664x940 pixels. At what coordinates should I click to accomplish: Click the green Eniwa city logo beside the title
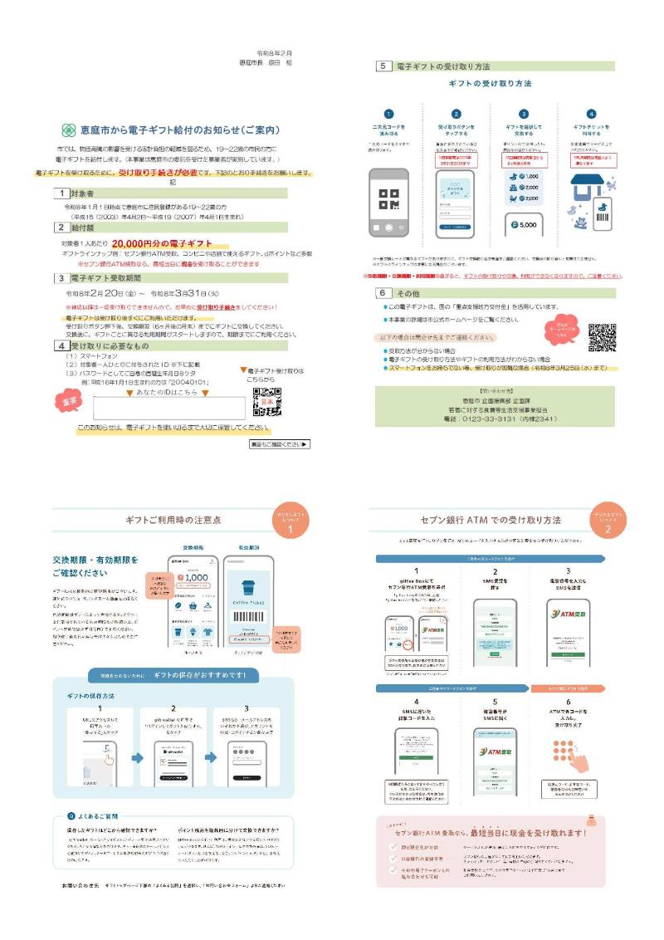pos(69,130)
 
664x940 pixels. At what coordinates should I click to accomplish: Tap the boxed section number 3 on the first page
pos(61,278)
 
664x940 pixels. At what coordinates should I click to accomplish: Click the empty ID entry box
pos(168,407)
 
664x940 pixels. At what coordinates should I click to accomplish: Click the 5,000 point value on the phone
pos(524,225)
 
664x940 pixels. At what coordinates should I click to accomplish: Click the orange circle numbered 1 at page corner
pos(290,525)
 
